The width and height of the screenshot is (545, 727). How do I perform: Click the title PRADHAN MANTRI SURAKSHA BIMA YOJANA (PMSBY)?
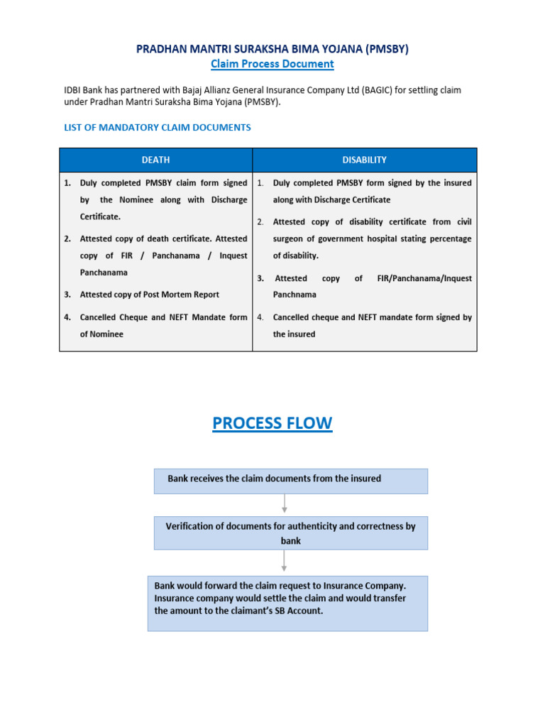point(272,49)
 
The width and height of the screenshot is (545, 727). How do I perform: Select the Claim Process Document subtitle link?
point(272,64)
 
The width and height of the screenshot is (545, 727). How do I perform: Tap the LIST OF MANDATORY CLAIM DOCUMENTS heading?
point(157,128)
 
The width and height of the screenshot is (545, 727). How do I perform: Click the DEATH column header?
point(155,160)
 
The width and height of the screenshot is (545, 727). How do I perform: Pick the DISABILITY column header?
point(365,160)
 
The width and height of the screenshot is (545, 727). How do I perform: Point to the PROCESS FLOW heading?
point(272,423)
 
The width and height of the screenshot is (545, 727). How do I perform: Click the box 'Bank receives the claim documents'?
point(291,481)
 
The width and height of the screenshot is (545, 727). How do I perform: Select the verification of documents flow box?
point(291,532)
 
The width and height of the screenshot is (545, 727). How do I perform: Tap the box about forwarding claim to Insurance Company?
point(287,603)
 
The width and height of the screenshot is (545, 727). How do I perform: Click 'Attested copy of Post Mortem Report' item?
point(149,295)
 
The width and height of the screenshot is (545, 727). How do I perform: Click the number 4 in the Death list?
point(67,317)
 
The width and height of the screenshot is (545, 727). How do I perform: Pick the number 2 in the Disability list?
point(260,222)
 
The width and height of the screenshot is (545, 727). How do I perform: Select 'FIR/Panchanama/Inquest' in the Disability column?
point(424,279)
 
